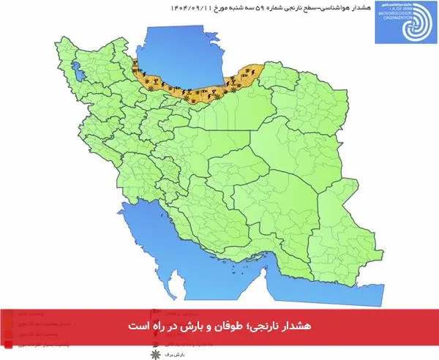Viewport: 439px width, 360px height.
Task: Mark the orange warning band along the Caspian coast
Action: click(198, 86)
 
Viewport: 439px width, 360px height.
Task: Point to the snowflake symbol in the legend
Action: click(154, 353)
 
